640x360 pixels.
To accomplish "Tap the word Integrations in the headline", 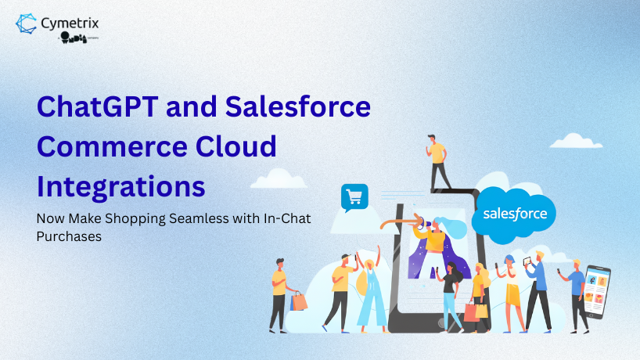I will [121, 188].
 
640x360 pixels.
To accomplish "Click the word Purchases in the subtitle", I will [70, 236].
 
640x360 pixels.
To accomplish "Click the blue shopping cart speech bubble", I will [354, 197].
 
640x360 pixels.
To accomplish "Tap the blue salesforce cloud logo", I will [515, 212].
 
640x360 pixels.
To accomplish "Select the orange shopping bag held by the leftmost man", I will [299, 301].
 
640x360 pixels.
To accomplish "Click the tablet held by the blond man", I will [527, 260].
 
